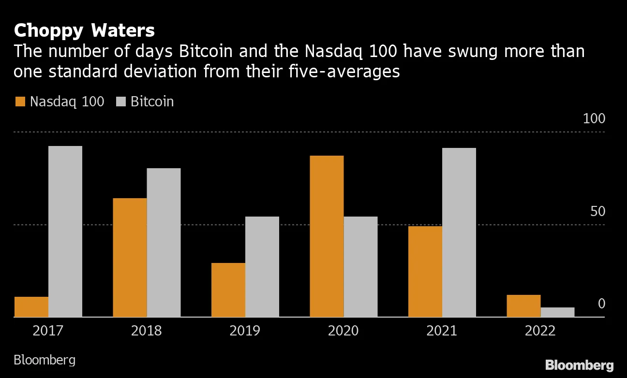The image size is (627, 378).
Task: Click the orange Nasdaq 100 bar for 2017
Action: (31, 307)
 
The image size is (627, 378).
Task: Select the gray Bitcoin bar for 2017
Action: (65, 232)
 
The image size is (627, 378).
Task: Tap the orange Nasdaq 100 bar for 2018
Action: (130, 258)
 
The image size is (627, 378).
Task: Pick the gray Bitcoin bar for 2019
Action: (262, 267)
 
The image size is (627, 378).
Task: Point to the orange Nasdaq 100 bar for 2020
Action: (327, 236)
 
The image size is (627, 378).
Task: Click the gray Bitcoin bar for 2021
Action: (459, 233)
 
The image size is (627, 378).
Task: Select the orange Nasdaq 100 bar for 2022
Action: (523, 306)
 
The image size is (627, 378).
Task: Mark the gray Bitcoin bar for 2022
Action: (557, 312)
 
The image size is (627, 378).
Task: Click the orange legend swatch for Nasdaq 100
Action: (20, 102)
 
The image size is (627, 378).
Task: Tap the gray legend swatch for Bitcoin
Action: (121, 102)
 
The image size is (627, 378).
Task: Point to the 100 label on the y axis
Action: (594, 118)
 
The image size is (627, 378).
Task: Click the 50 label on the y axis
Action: (597, 211)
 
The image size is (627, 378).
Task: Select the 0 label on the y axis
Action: (601, 304)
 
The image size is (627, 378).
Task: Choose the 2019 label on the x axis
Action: (245, 331)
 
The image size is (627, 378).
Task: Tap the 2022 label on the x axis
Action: (540, 331)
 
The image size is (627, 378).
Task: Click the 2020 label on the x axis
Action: (343, 331)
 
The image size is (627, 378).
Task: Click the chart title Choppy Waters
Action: (84, 30)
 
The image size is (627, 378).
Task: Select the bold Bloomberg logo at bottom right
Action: (579, 365)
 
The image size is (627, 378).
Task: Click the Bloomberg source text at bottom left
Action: (45, 360)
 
